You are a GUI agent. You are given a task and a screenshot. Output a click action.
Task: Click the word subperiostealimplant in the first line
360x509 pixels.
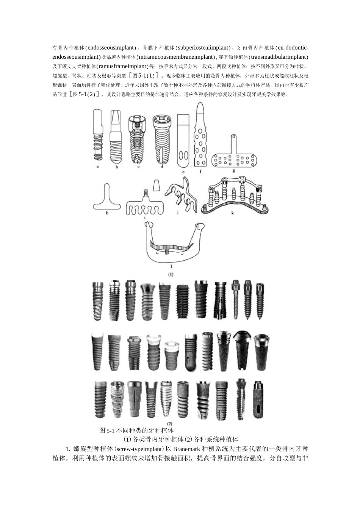tap(203, 48)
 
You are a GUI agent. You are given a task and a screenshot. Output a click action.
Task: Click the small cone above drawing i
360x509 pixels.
tap(156, 185)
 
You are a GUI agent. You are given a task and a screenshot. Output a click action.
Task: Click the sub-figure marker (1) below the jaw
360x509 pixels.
tap(171, 274)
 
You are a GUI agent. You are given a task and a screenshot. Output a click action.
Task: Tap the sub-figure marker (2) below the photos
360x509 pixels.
tap(170, 423)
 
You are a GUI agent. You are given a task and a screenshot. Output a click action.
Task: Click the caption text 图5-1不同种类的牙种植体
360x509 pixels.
tap(136, 431)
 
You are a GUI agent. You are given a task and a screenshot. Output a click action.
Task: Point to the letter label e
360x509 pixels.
tap(183, 172)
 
